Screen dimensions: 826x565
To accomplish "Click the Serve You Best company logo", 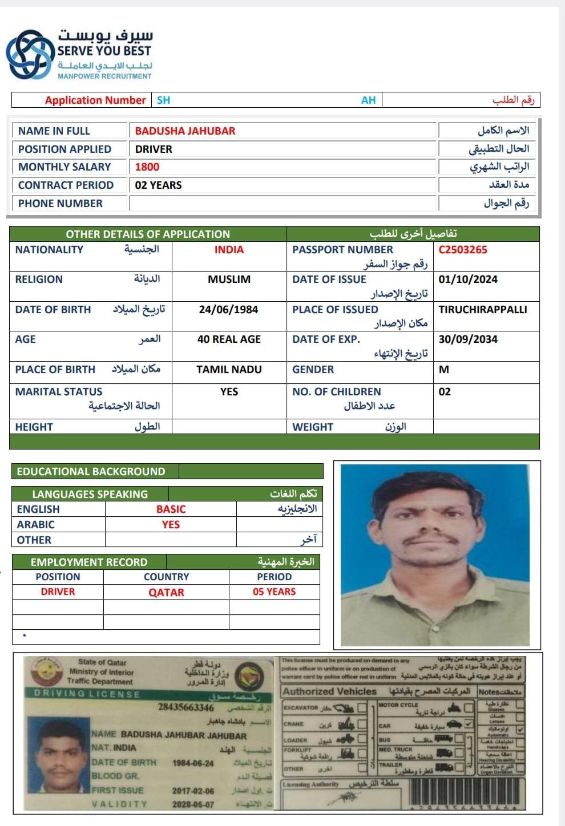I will click(x=29, y=55).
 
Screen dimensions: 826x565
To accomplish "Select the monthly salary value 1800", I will click(x=147, y=167).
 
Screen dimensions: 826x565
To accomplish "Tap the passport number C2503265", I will click(x=463, y=250).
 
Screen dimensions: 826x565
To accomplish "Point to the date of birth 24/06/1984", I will click(x=228, y=310).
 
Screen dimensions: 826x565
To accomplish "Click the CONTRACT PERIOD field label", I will click(x=66, y=185).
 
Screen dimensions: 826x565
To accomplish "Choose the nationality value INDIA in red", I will click(x=229, y=250).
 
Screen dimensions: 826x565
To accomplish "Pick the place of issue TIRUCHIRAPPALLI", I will click(x=483, y=310).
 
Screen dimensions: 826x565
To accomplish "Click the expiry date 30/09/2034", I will click(x=468, y=339).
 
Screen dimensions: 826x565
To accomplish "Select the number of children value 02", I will click(x=445, y=392).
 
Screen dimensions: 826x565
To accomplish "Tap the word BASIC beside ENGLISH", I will click(x=171, y=509).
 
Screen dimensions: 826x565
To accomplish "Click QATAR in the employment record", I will click(x=166, y=593).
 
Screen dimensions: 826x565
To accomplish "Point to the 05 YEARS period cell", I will click(x=274, y=592).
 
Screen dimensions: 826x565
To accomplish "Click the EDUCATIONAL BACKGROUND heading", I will click(x=91, y=472).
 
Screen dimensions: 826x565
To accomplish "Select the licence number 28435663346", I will click(x=186, y=707).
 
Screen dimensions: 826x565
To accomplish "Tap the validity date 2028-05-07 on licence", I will click(x=193, y=804).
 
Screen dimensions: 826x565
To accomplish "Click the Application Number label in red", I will click(x=95, y=100).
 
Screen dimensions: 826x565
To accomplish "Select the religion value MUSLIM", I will click(x=229, y=280).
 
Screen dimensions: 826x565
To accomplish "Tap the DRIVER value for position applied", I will click(x=154, y=149).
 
